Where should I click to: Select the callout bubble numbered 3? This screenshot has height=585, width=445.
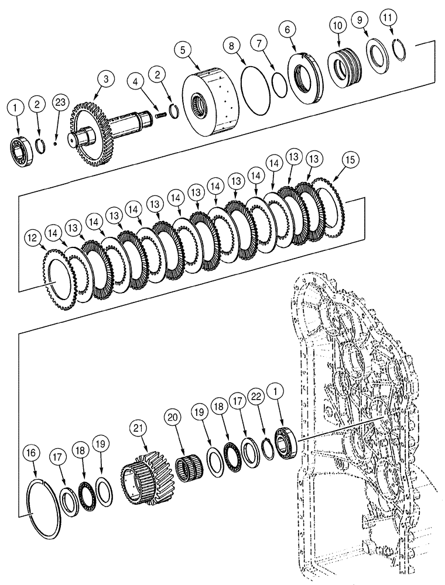click(x=105, y=78)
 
